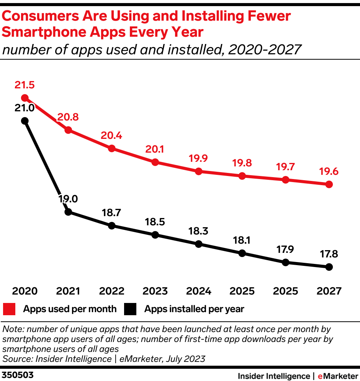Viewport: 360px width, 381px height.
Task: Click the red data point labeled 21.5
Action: pyautogui.click(x=25, y=98)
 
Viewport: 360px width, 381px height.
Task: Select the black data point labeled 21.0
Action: pyautogui.click(x=25, y=121)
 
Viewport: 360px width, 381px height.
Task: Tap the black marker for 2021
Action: pyautogui.click(x=68, y=212)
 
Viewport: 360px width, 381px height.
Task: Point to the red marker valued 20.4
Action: pyautogui.click(x=112, y=148)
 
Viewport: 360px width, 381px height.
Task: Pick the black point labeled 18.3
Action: pyautogui.click(x=198, y=244)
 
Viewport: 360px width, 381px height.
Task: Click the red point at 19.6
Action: pyautogui.click(x=329, y=184)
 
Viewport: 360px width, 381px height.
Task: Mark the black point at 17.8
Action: pyautogui.click(x=329, y=267)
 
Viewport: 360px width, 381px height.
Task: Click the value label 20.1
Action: pyautogui.click(x=155, y=149)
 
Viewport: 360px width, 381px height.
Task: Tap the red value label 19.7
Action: pyautogui.click(x=285, y=167)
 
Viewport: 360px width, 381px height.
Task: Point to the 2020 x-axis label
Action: pyautogui.click(x=25, y=291)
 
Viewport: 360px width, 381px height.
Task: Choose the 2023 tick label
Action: pyautogui.click(x=155, y=291)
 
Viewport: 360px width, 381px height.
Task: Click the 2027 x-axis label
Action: pyautogui.click(x=329, y=291)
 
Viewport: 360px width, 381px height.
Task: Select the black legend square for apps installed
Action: pyautogui.click(x=130, y=309)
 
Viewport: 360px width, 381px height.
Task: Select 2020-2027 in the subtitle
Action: pyautogui.click(x=265, y=49)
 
